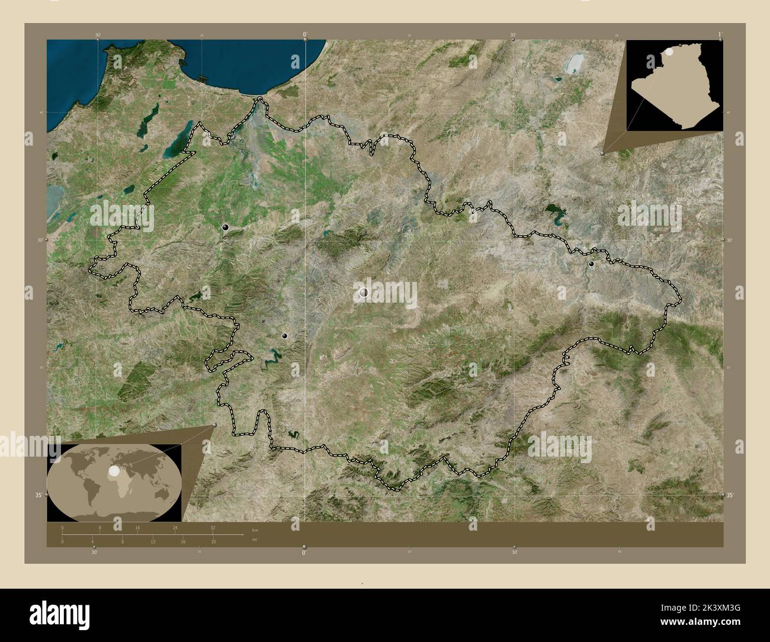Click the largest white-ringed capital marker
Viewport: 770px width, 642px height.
[364, 292]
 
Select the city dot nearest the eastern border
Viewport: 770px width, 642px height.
[591, 264]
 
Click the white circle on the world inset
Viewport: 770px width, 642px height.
[112, 471]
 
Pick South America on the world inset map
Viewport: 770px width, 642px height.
[87, 489]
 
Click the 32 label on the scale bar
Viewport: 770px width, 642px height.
[213, 527]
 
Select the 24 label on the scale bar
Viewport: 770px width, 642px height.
[175, 527]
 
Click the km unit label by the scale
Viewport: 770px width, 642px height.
[255, 529]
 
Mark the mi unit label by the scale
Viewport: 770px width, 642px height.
[255, 540]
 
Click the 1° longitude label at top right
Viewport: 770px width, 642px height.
[720, 34]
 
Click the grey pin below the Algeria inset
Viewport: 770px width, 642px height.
[604, 153]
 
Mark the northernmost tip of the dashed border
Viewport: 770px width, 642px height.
[259, 99]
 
